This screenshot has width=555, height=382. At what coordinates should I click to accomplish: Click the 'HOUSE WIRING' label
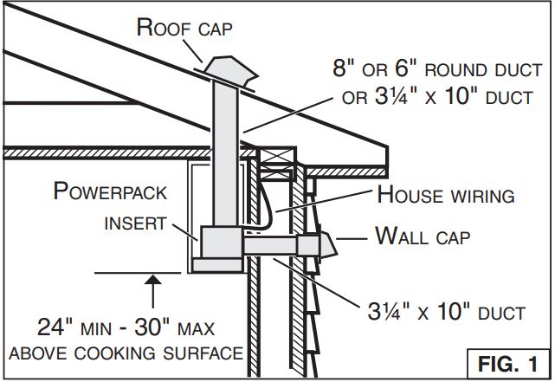coord(446,196)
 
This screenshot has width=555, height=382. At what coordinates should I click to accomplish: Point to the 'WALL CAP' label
coord(423,235)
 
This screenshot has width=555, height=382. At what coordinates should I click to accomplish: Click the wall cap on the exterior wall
coord(330,247)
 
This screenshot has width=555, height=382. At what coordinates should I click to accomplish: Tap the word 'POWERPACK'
coord(109,192)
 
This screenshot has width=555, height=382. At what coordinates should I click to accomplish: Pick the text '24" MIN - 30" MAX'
coord(126,328)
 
